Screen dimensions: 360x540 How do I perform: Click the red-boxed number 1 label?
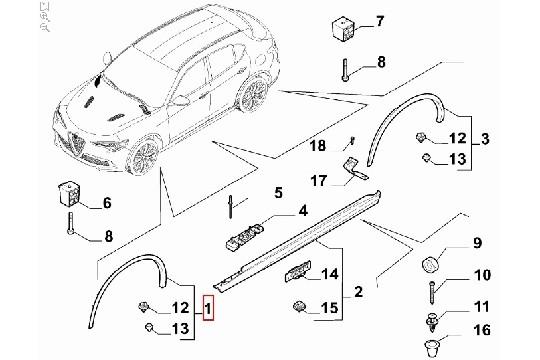[207, 309]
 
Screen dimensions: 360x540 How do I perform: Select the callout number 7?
[379, 21]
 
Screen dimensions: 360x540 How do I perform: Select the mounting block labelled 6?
[71, 192]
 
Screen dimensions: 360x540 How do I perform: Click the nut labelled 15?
[298, 305]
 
